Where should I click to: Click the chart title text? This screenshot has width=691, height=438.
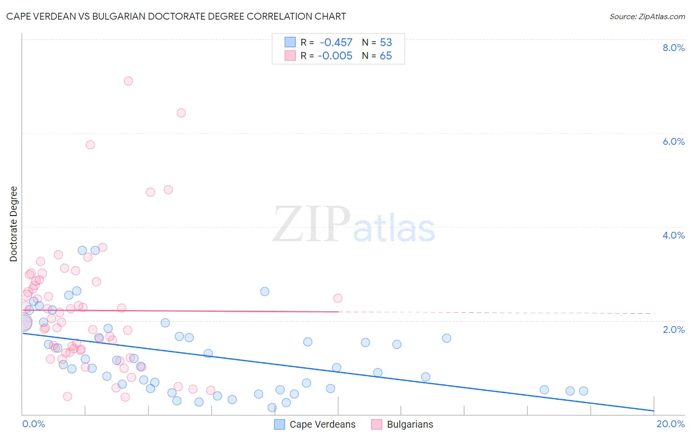click(x=176, y=16)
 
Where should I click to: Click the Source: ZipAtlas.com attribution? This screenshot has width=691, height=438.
click(x=647, y=16)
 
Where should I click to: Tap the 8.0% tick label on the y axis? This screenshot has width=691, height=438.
click(x=673, y=48)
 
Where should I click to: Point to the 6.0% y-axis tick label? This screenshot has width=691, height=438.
click(x=673, y=141)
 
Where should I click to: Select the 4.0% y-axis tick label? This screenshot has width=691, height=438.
click(x=673, y=235)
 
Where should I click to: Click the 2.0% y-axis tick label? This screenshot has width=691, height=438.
click(x=673, y=329)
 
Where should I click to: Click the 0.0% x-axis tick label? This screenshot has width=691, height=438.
click(x=33, y=424)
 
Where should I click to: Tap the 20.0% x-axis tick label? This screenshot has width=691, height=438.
click(x=670, y=424)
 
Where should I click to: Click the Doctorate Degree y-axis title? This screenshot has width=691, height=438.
click(x=14, y=224)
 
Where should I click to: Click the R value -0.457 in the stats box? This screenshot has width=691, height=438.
click(x=336, y=42)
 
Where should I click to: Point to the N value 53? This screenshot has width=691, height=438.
click(x=386, y=42)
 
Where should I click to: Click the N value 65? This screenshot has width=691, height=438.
click(x=386, y=55)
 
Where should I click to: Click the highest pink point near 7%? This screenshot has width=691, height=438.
click(x=128, y=81)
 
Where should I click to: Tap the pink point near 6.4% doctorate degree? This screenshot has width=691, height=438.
click(x=181, y=113)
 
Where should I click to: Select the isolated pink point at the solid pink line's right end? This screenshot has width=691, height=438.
click(x=338, y=298)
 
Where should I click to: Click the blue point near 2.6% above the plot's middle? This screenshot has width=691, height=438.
click(x=265, y=291)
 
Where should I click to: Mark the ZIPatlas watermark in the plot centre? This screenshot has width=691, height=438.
click(x=354, y=225)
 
